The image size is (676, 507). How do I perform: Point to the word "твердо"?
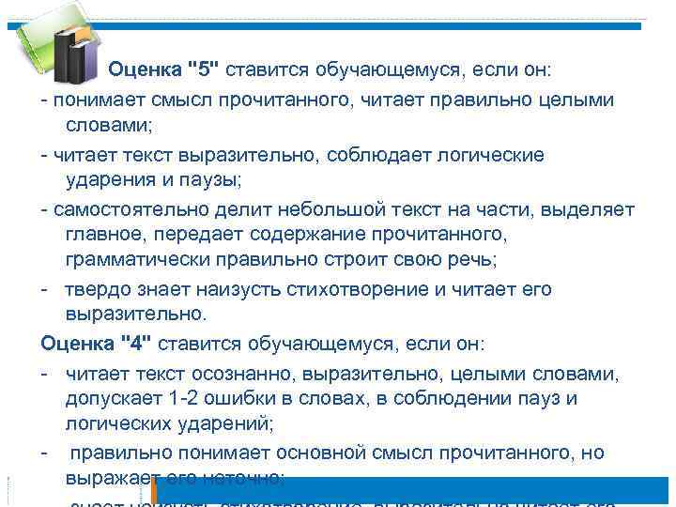tap(95, 289)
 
